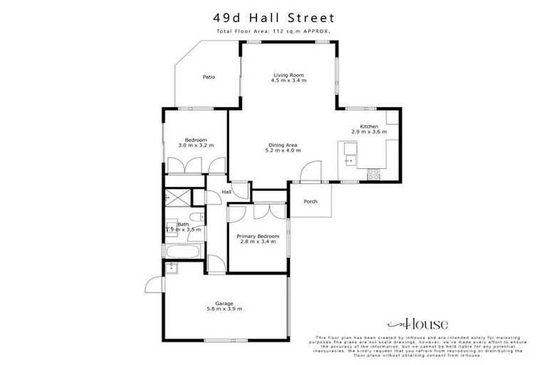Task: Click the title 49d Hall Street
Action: (x=273, y=16)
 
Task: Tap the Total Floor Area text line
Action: (x=273, y=32)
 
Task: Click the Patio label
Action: (x=208, y=77)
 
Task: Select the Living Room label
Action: (x=288, y=74)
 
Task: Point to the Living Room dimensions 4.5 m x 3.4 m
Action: (x=288, y=81)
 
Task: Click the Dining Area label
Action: (x=282, y=145)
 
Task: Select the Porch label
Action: (x=311, y=201)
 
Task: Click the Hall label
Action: (x=227, y=192)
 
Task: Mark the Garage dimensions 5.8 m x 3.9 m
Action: (x=224, y=309)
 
